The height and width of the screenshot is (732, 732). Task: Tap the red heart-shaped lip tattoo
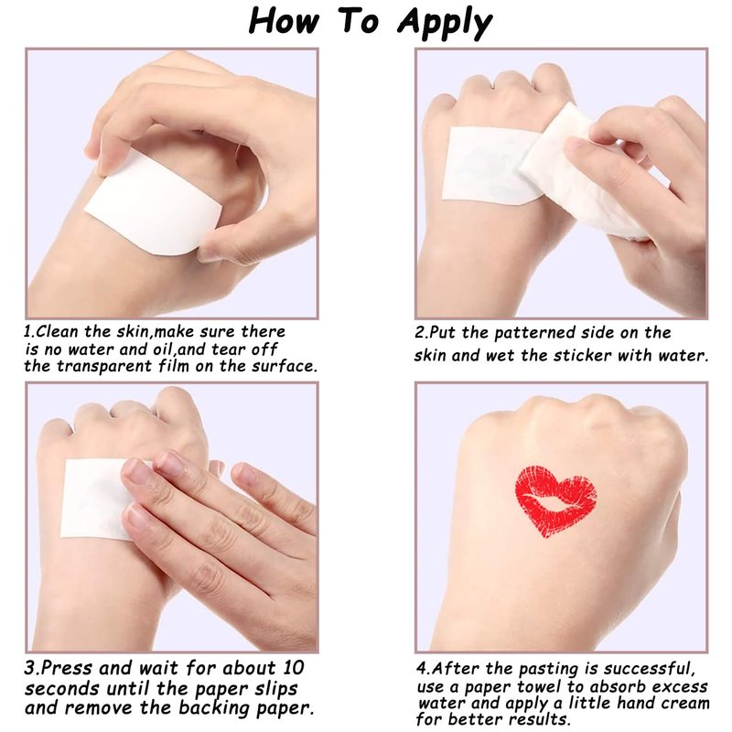555,501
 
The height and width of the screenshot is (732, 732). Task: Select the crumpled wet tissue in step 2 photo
584,173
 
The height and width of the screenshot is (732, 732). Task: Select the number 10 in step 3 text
293,668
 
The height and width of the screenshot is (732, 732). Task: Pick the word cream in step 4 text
685,703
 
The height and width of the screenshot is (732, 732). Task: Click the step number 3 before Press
30,668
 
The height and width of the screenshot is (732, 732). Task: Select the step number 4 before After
423,669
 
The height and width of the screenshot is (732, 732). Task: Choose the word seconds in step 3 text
62,689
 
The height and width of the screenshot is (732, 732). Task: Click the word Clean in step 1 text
58,331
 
